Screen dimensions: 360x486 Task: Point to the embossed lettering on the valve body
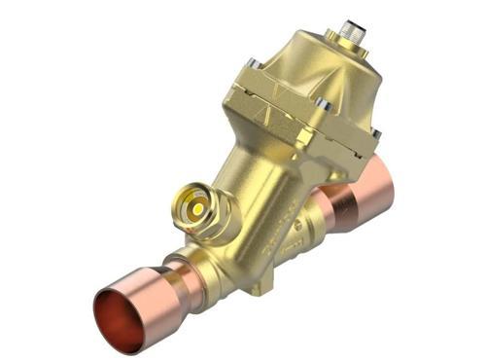point(278,239)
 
